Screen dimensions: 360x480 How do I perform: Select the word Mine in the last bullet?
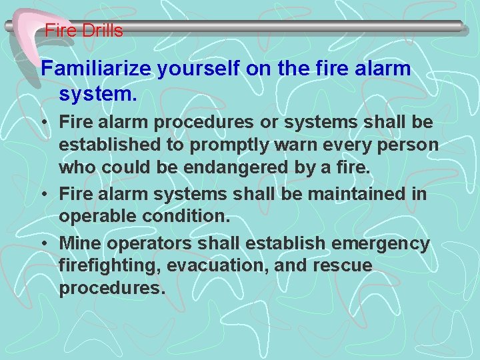[79, 244]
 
